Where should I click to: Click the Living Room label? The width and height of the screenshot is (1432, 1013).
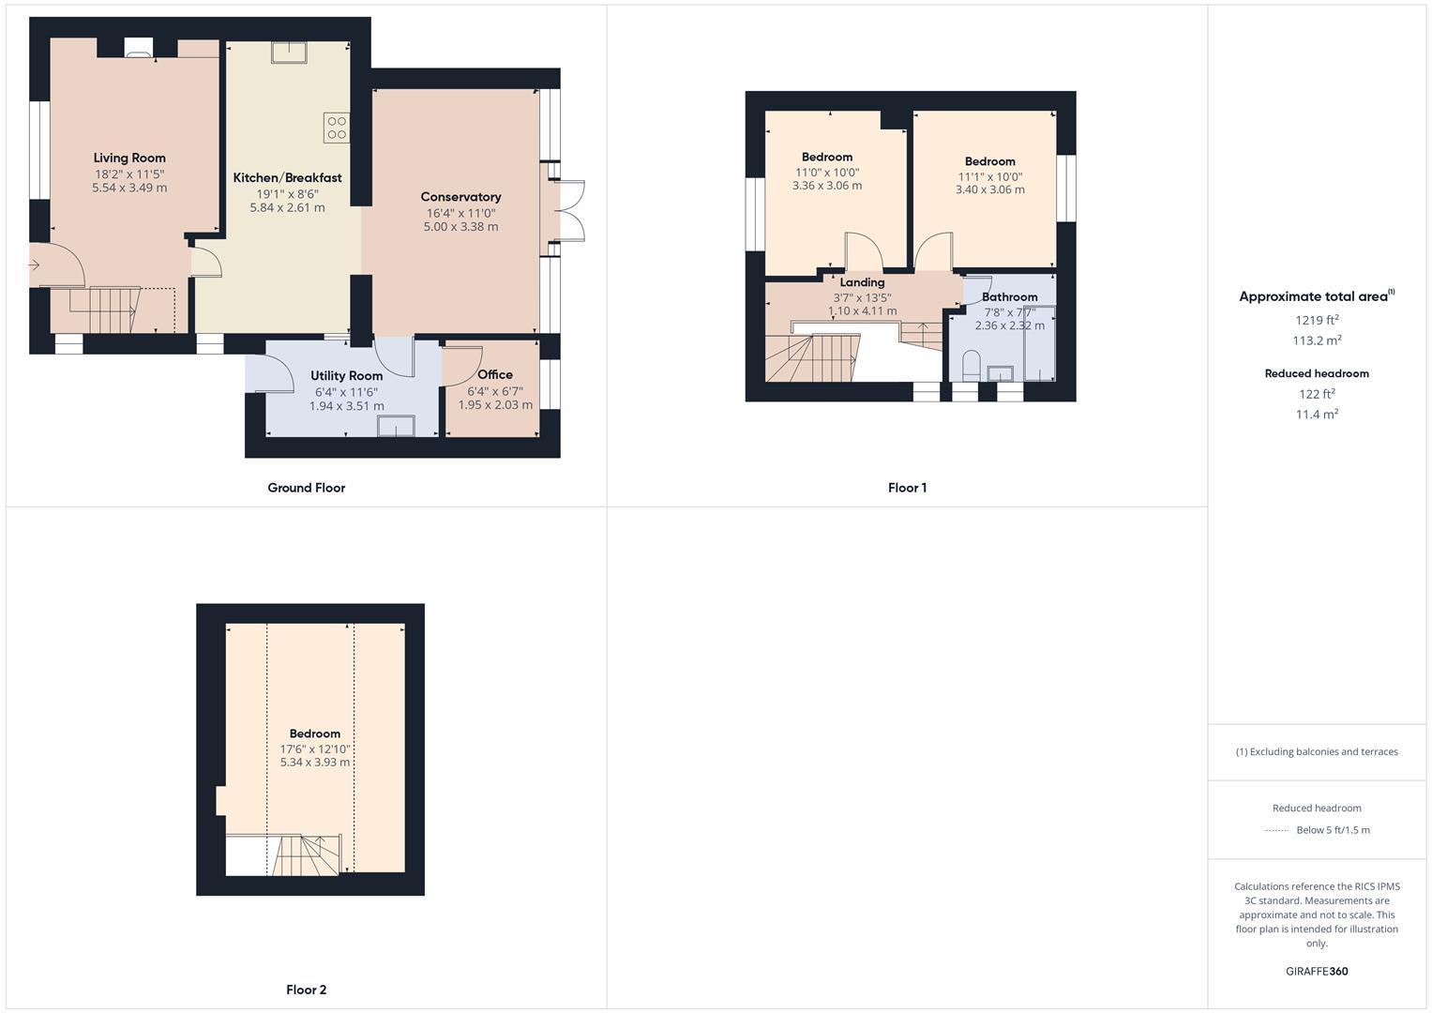coord(129,158)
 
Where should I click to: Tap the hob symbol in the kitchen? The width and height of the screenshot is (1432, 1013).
coord(337,128)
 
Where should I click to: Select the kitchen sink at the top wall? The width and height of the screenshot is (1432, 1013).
coord(289,53)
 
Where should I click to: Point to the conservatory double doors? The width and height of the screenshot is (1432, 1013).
coord(570,211)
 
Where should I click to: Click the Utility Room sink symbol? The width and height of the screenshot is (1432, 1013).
coord(396,427)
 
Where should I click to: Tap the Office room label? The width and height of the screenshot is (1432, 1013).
coord(495,374)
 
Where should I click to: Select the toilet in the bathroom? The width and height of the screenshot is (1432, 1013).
coord(972,366)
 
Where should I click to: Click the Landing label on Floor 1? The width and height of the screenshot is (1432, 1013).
coord(862,282)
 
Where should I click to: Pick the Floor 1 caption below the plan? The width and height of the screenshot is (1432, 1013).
coord(907,488)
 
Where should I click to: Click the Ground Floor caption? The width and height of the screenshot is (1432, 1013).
coord(307,488)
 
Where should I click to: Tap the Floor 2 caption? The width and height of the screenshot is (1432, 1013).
coord(307,990)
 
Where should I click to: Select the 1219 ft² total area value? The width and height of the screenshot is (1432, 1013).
coord(1316,320)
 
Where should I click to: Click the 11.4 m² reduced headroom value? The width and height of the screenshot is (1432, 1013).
coord(1317,414)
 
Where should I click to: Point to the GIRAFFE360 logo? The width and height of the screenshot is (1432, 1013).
coord(1317,971)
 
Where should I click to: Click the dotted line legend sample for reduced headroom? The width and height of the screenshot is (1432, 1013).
coord(1275,830)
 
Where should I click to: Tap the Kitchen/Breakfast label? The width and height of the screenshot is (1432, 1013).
coord(287,177)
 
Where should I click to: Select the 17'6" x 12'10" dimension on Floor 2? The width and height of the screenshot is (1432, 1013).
coord(314,748)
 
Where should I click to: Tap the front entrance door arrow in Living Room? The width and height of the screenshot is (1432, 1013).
coord(35,265)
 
